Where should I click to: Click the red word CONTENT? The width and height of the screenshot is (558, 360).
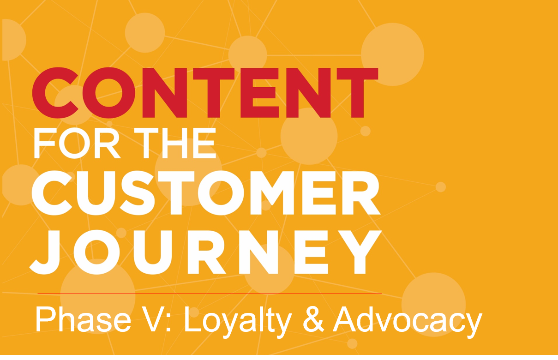click(205, 93)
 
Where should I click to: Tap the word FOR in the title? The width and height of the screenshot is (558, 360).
click(77, 143)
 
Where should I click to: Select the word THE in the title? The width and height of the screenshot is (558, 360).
click(174, 143)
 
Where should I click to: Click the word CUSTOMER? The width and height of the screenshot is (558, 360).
click(206, 193)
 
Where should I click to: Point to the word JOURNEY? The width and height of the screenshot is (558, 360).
click(206, 252)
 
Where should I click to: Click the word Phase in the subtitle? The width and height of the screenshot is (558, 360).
click(83, 320)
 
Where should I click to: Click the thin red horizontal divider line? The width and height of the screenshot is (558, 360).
click(210, 294)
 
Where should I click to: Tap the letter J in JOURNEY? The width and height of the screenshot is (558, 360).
click(45, 252)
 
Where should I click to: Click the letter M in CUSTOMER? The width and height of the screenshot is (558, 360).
click(272, 193)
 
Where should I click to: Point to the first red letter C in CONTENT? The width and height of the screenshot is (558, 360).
click(55, 93)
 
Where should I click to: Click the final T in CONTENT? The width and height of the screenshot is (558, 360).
click(358, 93)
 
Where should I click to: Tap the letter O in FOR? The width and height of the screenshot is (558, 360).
click(74, 143)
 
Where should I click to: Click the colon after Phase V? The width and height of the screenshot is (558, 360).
click(168, 323)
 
